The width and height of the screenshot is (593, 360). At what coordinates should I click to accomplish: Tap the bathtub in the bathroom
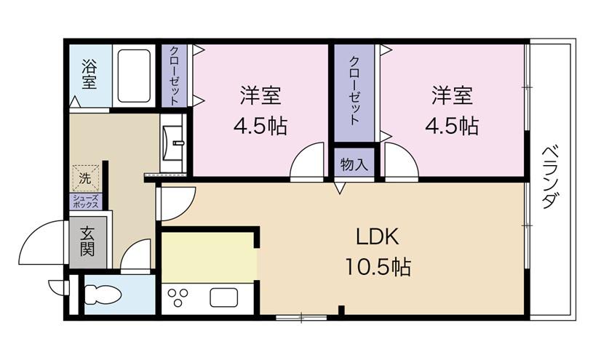click(x=134, y=76)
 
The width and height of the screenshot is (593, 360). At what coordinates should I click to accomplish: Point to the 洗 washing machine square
click(x=86, y=178)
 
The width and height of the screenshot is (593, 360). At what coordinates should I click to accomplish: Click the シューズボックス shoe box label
click(x=86, y=201)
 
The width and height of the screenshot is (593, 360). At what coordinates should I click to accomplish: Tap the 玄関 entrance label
click(x=87, y=241)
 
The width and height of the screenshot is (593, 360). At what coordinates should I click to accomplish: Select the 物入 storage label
click(x=354, y=164)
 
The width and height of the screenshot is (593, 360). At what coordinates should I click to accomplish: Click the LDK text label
click(x=377, y=237)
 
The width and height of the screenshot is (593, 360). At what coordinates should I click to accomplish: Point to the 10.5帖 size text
click(x=378, y=267)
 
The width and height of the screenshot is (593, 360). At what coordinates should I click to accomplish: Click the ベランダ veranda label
click(x=550, y=177)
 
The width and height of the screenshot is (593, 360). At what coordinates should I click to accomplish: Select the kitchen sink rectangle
click(x=224, y=297)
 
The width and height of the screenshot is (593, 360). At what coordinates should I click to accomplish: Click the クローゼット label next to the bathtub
click(x=175, y=75)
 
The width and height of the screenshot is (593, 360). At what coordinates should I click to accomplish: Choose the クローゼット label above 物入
click(x=354, y=90)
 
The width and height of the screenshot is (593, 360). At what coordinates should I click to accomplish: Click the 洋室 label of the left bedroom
click(x=260, y=95)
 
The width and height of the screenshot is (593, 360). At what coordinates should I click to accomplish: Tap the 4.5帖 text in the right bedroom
click(x=452, y=126)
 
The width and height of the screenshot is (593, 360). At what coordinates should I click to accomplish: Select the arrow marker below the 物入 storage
click(x=340, y=188)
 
